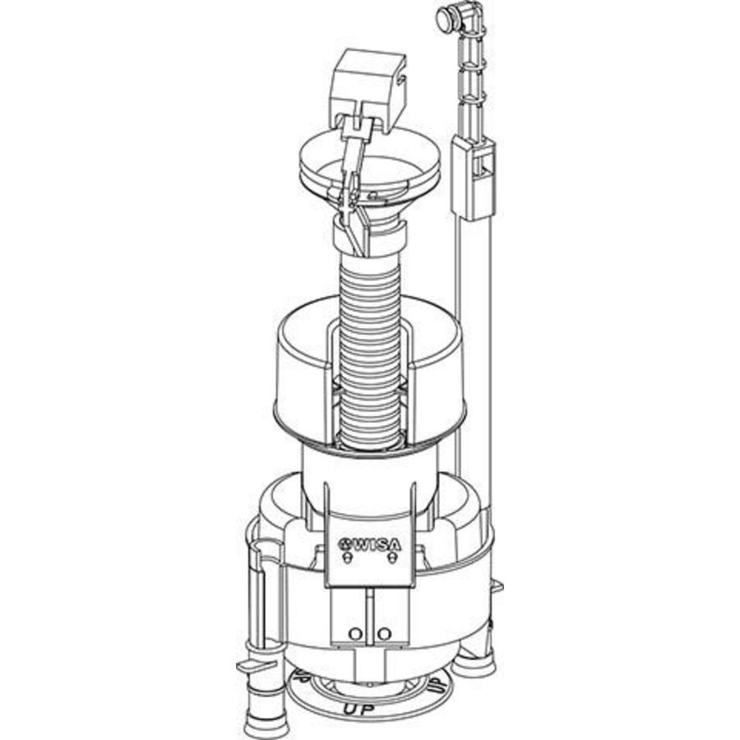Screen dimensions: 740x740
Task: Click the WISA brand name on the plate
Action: coord(377,543)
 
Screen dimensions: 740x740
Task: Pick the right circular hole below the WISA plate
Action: coord(386,632)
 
